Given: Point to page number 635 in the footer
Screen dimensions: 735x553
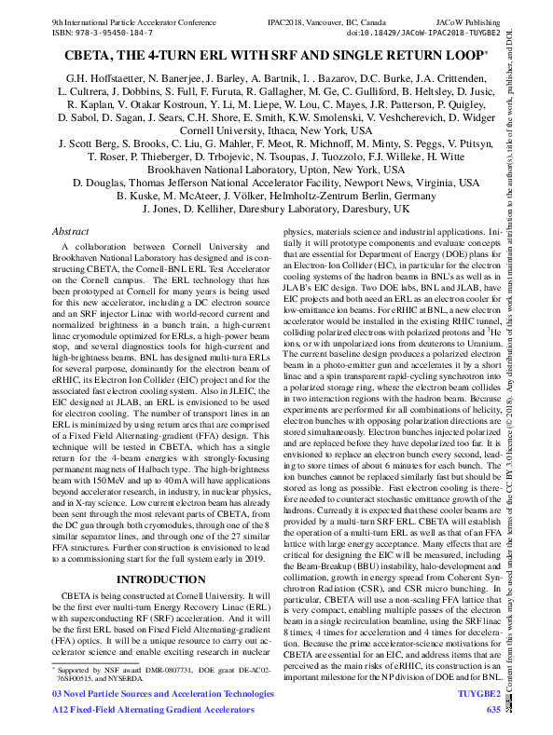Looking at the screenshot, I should click(493, 710).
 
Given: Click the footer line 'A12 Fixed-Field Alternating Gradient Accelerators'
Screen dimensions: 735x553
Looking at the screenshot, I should click(150, 710).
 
